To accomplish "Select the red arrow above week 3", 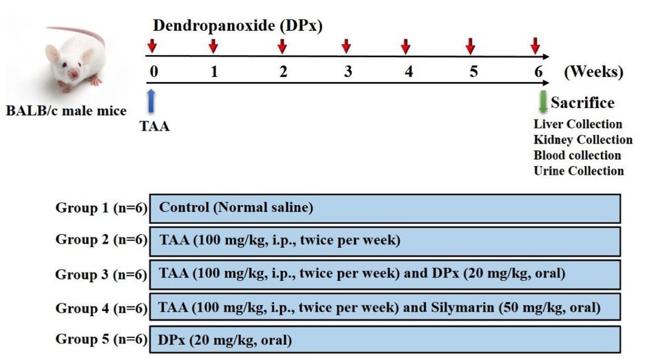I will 346,46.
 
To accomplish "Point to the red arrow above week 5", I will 470,46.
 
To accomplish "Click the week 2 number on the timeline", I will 283,72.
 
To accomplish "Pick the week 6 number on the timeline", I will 538,72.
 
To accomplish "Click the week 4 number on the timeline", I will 409,72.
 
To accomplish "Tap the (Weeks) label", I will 593,72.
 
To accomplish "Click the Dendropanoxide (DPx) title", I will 237,26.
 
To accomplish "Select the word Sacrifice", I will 582,103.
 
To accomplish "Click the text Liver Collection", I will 577,125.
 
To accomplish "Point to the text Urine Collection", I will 578,171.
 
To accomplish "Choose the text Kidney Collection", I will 582,140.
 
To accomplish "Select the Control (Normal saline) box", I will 385,208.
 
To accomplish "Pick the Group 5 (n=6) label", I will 101,339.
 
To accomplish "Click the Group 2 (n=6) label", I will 101,241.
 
